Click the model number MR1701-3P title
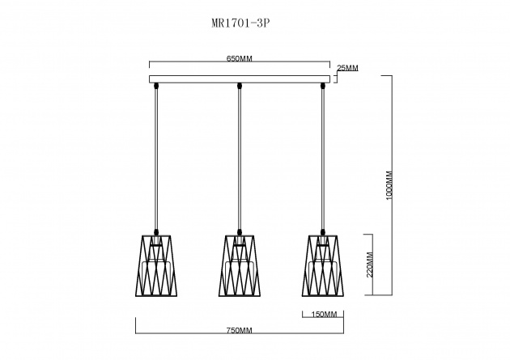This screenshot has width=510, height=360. click(240, 23)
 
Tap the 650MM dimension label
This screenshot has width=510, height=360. click(240, 58)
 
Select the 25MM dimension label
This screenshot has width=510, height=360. click(347, 68)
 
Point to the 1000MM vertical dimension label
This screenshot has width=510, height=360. click(389, 185)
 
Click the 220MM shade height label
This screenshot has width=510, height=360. click(370, 265)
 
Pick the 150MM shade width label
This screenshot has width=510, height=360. click(324, 314)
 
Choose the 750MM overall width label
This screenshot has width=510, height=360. click(240, 330)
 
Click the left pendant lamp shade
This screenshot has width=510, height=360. click(156, 266)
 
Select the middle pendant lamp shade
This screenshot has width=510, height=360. click(240, 266)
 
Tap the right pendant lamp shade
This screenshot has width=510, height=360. click(323, 266)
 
